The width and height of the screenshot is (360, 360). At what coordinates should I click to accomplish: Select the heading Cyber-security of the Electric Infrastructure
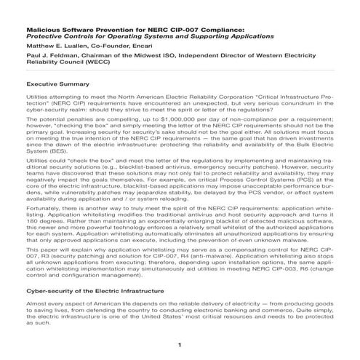pos(93,289)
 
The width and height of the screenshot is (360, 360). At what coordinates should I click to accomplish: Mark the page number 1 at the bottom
pos(179,343)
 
